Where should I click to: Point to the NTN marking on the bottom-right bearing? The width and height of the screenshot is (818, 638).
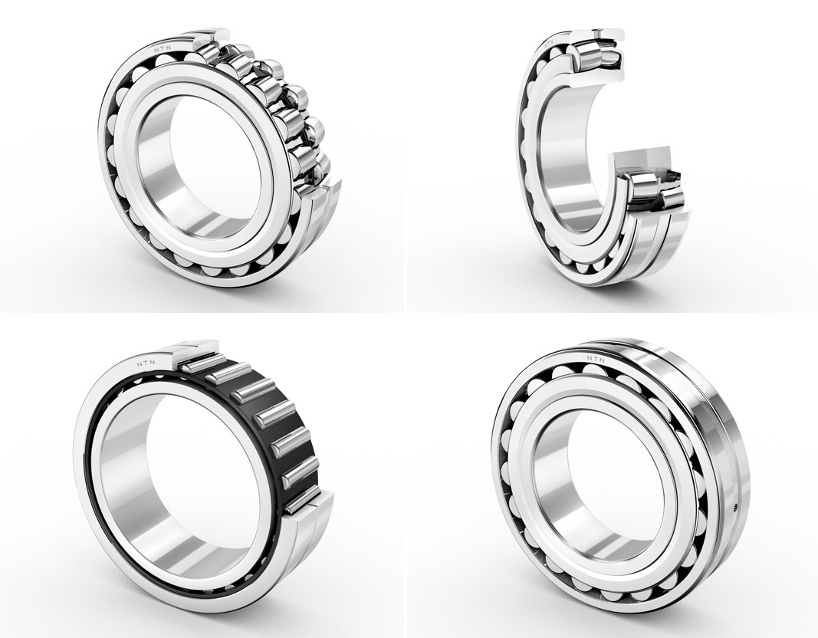(595, 359)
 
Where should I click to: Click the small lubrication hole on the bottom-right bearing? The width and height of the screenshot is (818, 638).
(735, 505)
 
